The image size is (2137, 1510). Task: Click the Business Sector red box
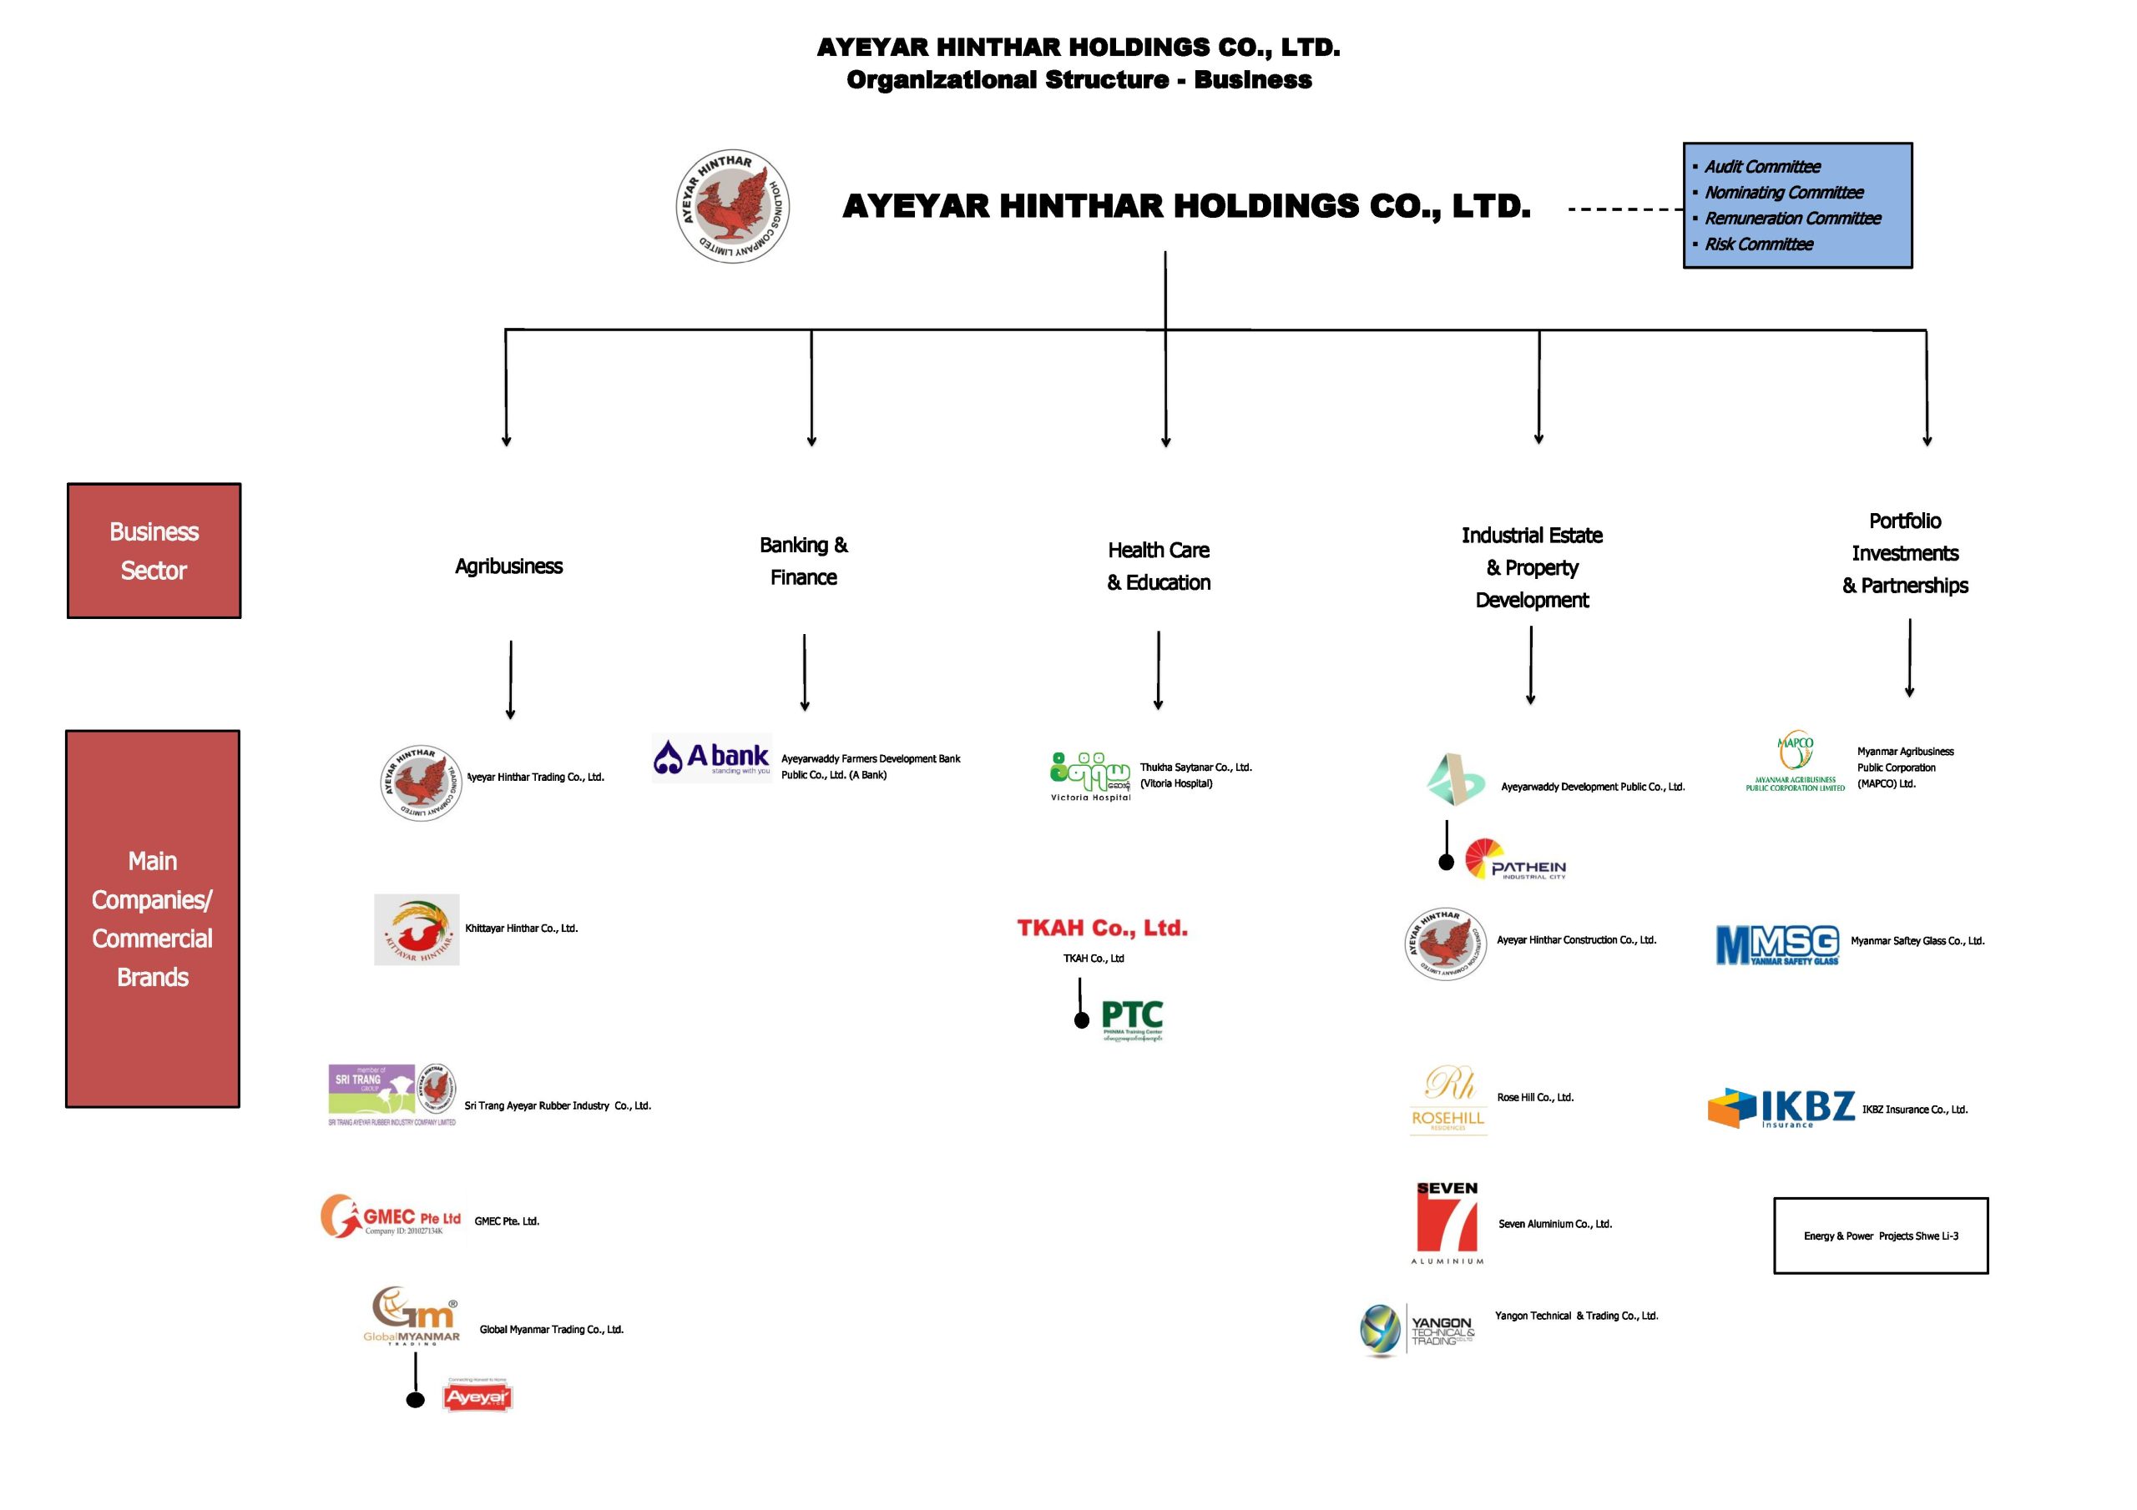pyautogui.click(x=154, y=551)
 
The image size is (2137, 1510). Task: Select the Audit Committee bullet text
pyautogui.click(x=1762, y=168)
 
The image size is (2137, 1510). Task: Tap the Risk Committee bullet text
pyautogui.click(x=1758, y=244)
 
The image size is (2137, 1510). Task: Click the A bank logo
pyautogui.click(x=712, y=758)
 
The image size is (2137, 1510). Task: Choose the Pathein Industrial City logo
pyautogui.click(x=1515, y=859)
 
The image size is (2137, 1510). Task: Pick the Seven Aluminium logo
pyautogui.click(x=1447, y=1222)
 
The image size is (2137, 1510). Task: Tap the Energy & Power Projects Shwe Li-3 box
pyautogui.click(x=1880, y=1236)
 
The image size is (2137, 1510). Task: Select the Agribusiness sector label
pyautogui.click(x=508, y=566)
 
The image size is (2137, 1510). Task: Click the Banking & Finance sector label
pyautogui.click(x=803, y=561)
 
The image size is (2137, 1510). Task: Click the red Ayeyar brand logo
pyautogui.click(x=477, y=1397)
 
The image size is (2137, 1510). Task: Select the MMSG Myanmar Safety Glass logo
pyautogui.click(x=1778, y=945)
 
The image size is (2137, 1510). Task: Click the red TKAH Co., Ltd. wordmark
pyautogui.click(x=1102, y=928)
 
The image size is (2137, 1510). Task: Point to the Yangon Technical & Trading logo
pyautogui.click(x=1417, y=1331)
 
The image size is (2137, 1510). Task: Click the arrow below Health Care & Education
pyautogui.click(x=1158, y=670)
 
